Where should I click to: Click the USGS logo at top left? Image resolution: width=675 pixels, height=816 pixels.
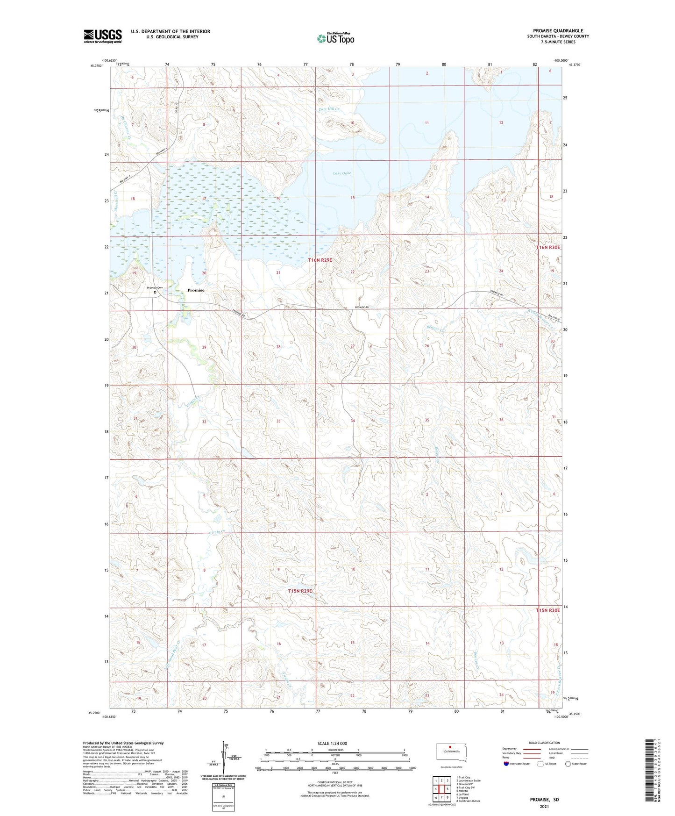click(103, 36)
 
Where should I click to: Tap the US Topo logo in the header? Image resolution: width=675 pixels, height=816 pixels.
click(335, 38)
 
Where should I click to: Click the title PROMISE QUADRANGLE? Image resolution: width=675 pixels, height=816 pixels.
click(558, 31)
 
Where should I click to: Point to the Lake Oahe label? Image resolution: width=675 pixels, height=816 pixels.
click(341, 173)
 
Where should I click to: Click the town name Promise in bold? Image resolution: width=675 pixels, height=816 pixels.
click(196, 290)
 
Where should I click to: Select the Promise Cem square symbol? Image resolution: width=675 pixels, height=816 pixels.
click(155, 293)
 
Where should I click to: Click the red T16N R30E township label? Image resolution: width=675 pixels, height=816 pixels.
click(547, 247)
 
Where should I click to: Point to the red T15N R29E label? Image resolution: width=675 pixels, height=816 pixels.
click(299, 591)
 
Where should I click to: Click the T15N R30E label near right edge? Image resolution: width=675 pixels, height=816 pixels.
click(547, 610)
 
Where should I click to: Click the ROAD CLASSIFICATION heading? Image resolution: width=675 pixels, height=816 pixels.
click(544, 743)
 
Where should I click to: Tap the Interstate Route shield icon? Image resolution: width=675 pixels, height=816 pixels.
click(506, 764)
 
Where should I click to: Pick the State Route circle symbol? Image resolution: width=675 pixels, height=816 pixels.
click(568, 764)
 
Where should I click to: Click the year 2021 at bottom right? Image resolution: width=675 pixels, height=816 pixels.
click(544, 806)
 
